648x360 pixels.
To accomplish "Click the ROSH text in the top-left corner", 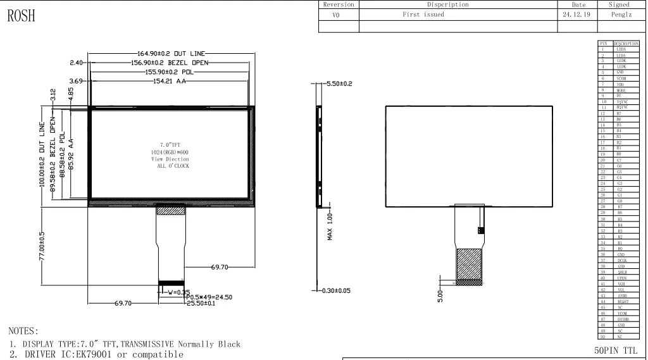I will tap(22, 17).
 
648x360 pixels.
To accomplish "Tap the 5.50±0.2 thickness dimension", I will tap(339, 84).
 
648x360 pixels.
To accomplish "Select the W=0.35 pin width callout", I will tap(171, 292).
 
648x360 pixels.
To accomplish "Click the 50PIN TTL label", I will tap(618, 349).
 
